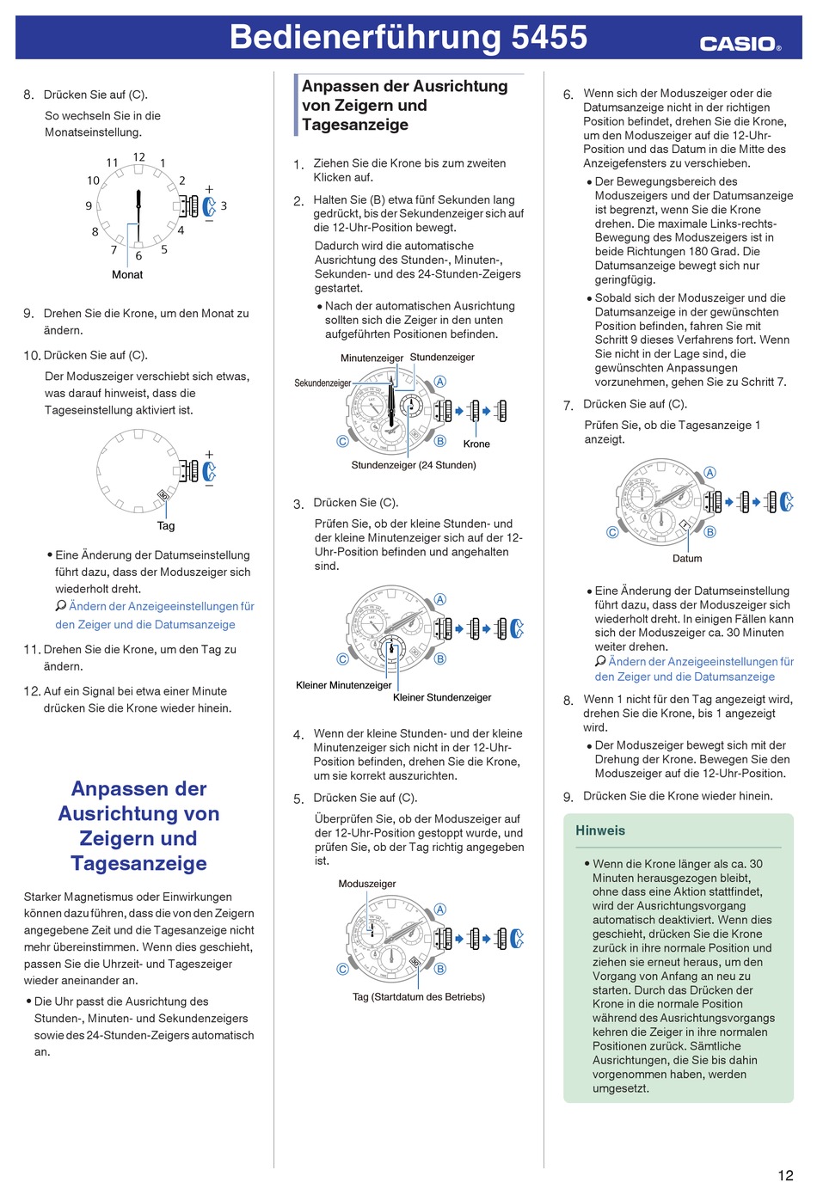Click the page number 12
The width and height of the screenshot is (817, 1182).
point(785,1175)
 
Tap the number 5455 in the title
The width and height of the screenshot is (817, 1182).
point(549,37)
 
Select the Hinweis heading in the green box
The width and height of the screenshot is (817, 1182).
point(600,830)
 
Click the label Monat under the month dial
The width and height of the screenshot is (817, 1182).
point(127,275)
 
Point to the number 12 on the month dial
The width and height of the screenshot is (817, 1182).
point(139,157)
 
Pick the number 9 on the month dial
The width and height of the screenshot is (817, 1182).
point(89,206)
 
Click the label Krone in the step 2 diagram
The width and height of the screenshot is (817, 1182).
point(476,444)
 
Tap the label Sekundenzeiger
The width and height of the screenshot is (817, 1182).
point(322,383)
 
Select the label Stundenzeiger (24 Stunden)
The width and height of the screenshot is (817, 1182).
point(414,465)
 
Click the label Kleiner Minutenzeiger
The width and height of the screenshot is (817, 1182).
point(343,685)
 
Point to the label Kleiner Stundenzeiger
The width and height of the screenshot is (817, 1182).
point(442,697)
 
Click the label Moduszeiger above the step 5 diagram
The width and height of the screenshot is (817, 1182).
point(367,884)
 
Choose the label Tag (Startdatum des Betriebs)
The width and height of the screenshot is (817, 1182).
point(419,997)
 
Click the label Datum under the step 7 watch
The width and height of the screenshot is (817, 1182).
point(687,559)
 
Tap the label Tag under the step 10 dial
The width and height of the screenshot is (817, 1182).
point(166,526)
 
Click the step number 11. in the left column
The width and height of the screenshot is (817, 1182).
point(32,650)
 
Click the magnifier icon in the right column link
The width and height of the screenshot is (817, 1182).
point(600,662)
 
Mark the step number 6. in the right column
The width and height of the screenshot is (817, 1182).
point(568,95)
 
